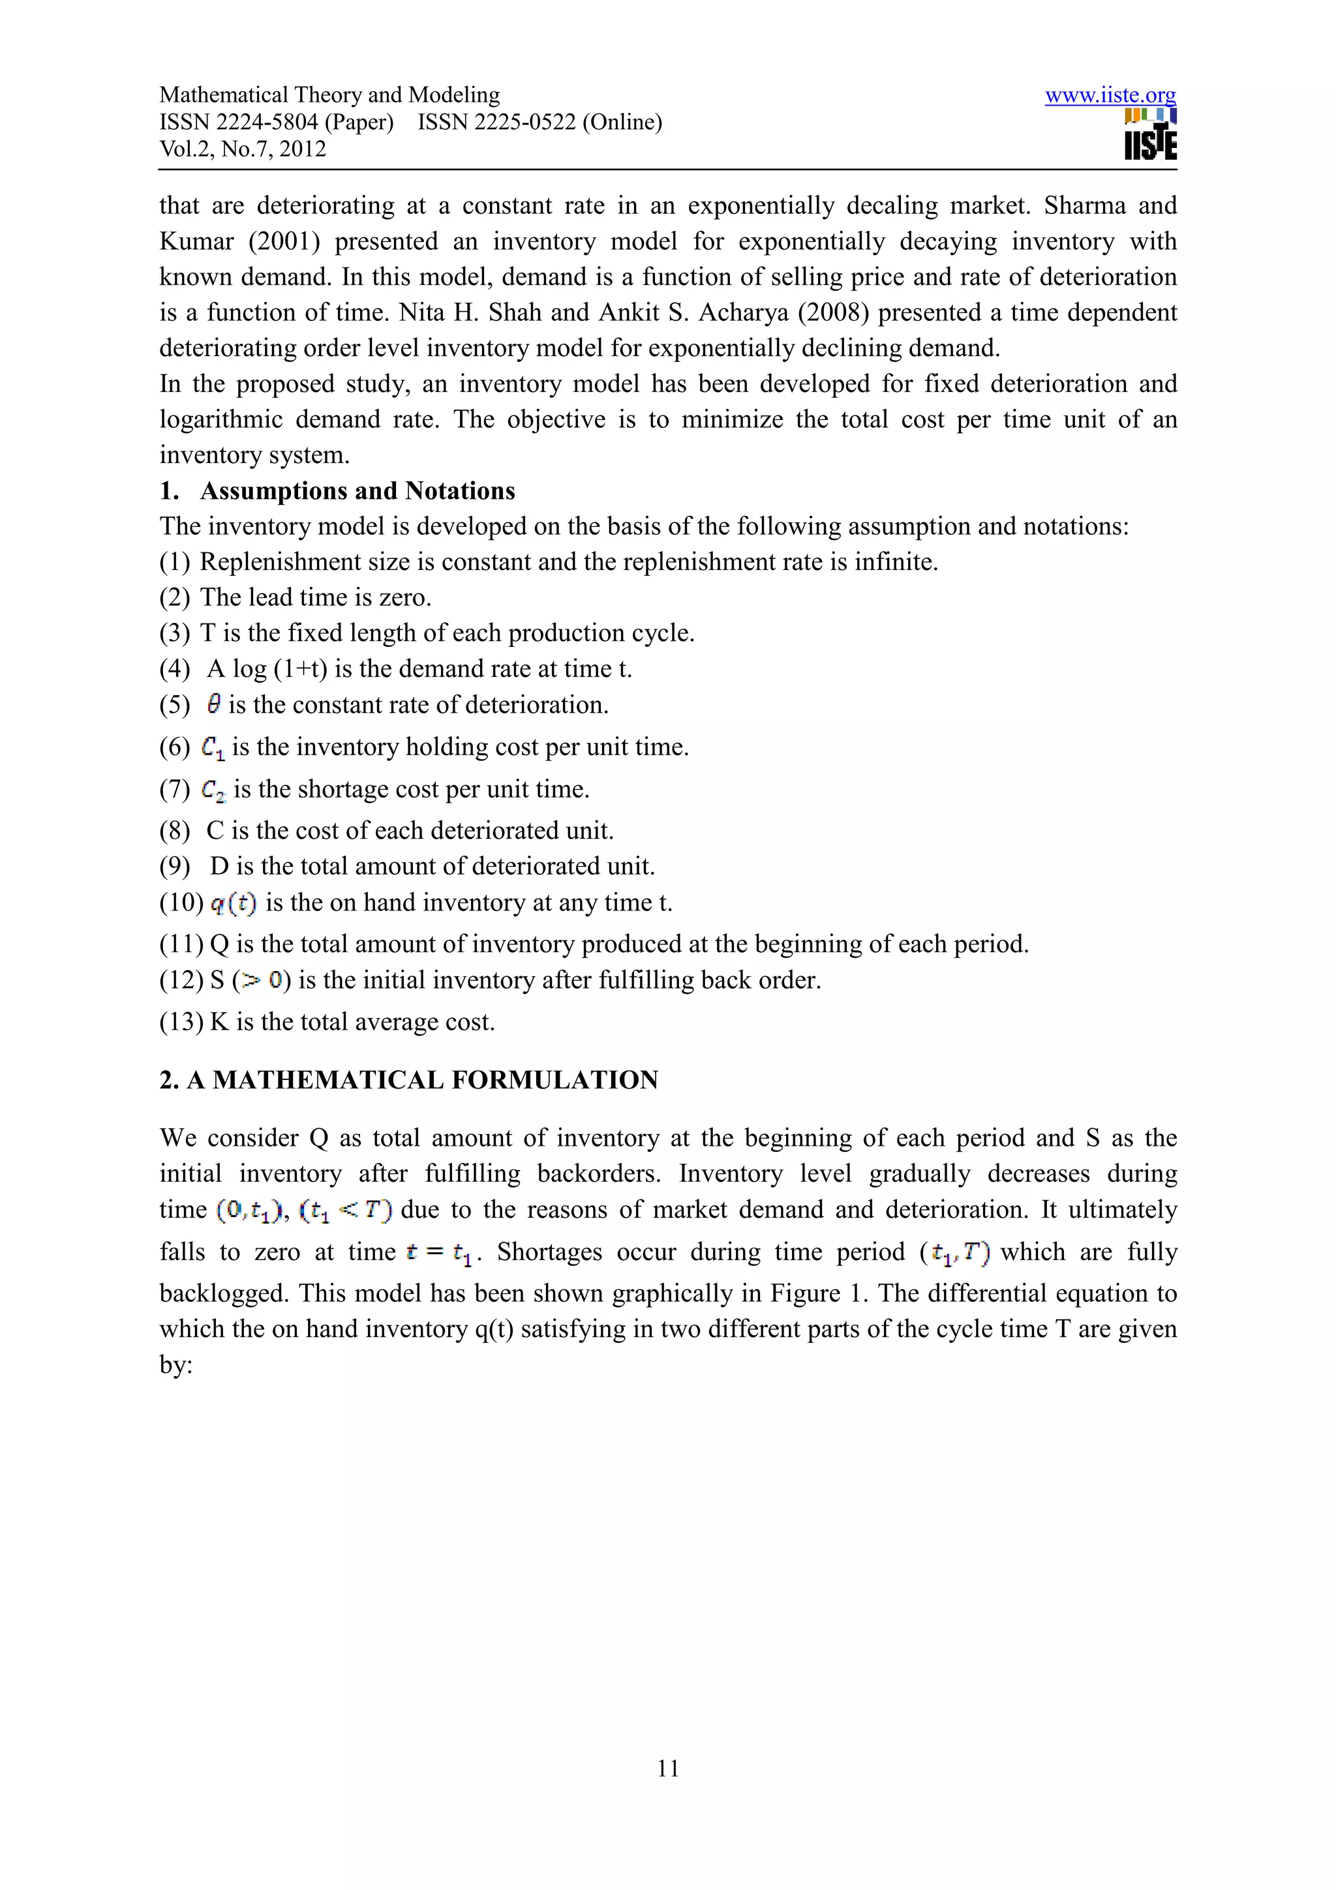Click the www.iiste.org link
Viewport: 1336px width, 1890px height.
tap(1110, 95)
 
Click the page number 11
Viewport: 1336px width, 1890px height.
tap(667, 1767)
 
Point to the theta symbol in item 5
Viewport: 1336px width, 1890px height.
tap(214, 704)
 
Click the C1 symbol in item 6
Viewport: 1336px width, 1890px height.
tap(213, 747)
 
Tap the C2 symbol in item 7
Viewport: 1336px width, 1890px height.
tap(213, 790)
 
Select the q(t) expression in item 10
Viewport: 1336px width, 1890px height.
tap(233, 904)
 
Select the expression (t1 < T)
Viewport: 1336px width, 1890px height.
tap(346, 1210)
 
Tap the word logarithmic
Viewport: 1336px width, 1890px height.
tap(220, 420)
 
